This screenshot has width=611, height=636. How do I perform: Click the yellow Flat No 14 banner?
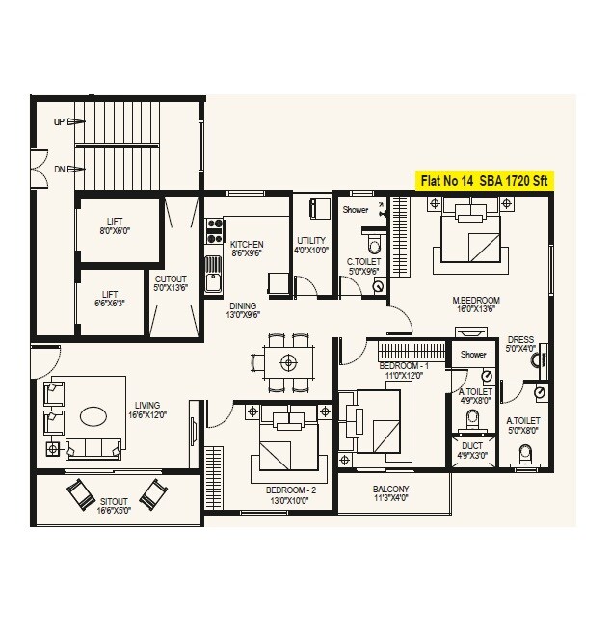(x=486, y=180)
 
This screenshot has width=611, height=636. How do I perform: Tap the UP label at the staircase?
(x=60, y=122)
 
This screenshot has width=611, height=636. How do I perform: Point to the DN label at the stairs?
(x=60, y=170)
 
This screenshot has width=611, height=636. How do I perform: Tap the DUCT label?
(x=472, y=450)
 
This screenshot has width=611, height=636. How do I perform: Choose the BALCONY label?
(x=391, y=493)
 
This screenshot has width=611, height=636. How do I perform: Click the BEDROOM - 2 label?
(x=289, y=494)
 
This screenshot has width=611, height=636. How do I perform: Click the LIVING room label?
(x=148, y=410)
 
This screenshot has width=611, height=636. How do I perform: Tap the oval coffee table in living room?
(x=93, y=416)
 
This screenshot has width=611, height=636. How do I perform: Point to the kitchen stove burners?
(x=213, y=231)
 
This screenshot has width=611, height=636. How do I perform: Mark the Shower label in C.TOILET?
(x=356, y=208)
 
